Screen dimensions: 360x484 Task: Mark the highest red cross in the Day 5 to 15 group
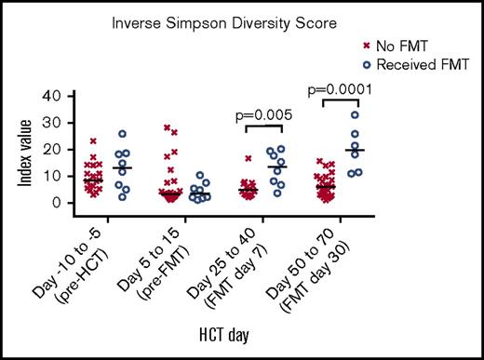pos(167,127)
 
